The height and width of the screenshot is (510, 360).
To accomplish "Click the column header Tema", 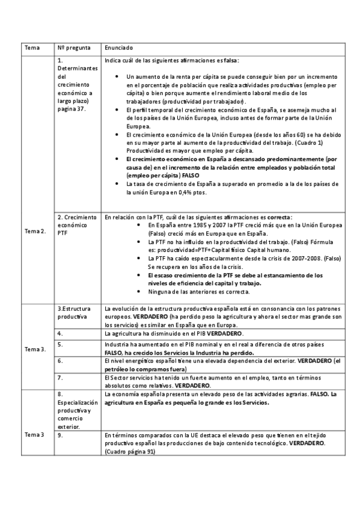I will [x=31, y=47].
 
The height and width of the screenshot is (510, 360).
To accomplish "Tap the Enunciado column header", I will [x=118, y=47].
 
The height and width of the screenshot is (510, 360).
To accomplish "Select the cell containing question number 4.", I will [x=61, y=333].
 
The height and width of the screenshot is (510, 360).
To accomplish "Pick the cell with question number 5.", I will [x=61, y=345].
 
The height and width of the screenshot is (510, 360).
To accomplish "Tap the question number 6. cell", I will [x=61, y=361].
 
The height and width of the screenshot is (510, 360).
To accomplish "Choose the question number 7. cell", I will [x=61, y=377].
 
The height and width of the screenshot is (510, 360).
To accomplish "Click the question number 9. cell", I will [x=61, y=434].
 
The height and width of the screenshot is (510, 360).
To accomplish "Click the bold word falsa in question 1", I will [x=230, y=61].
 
